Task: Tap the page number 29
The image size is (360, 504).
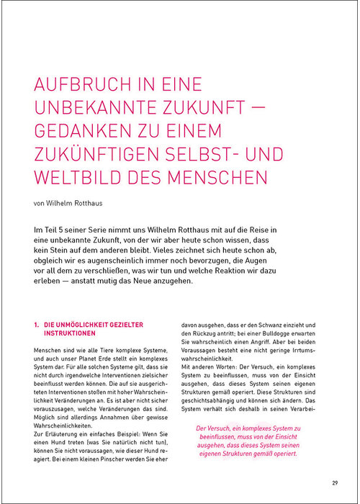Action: click(335, 482)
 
